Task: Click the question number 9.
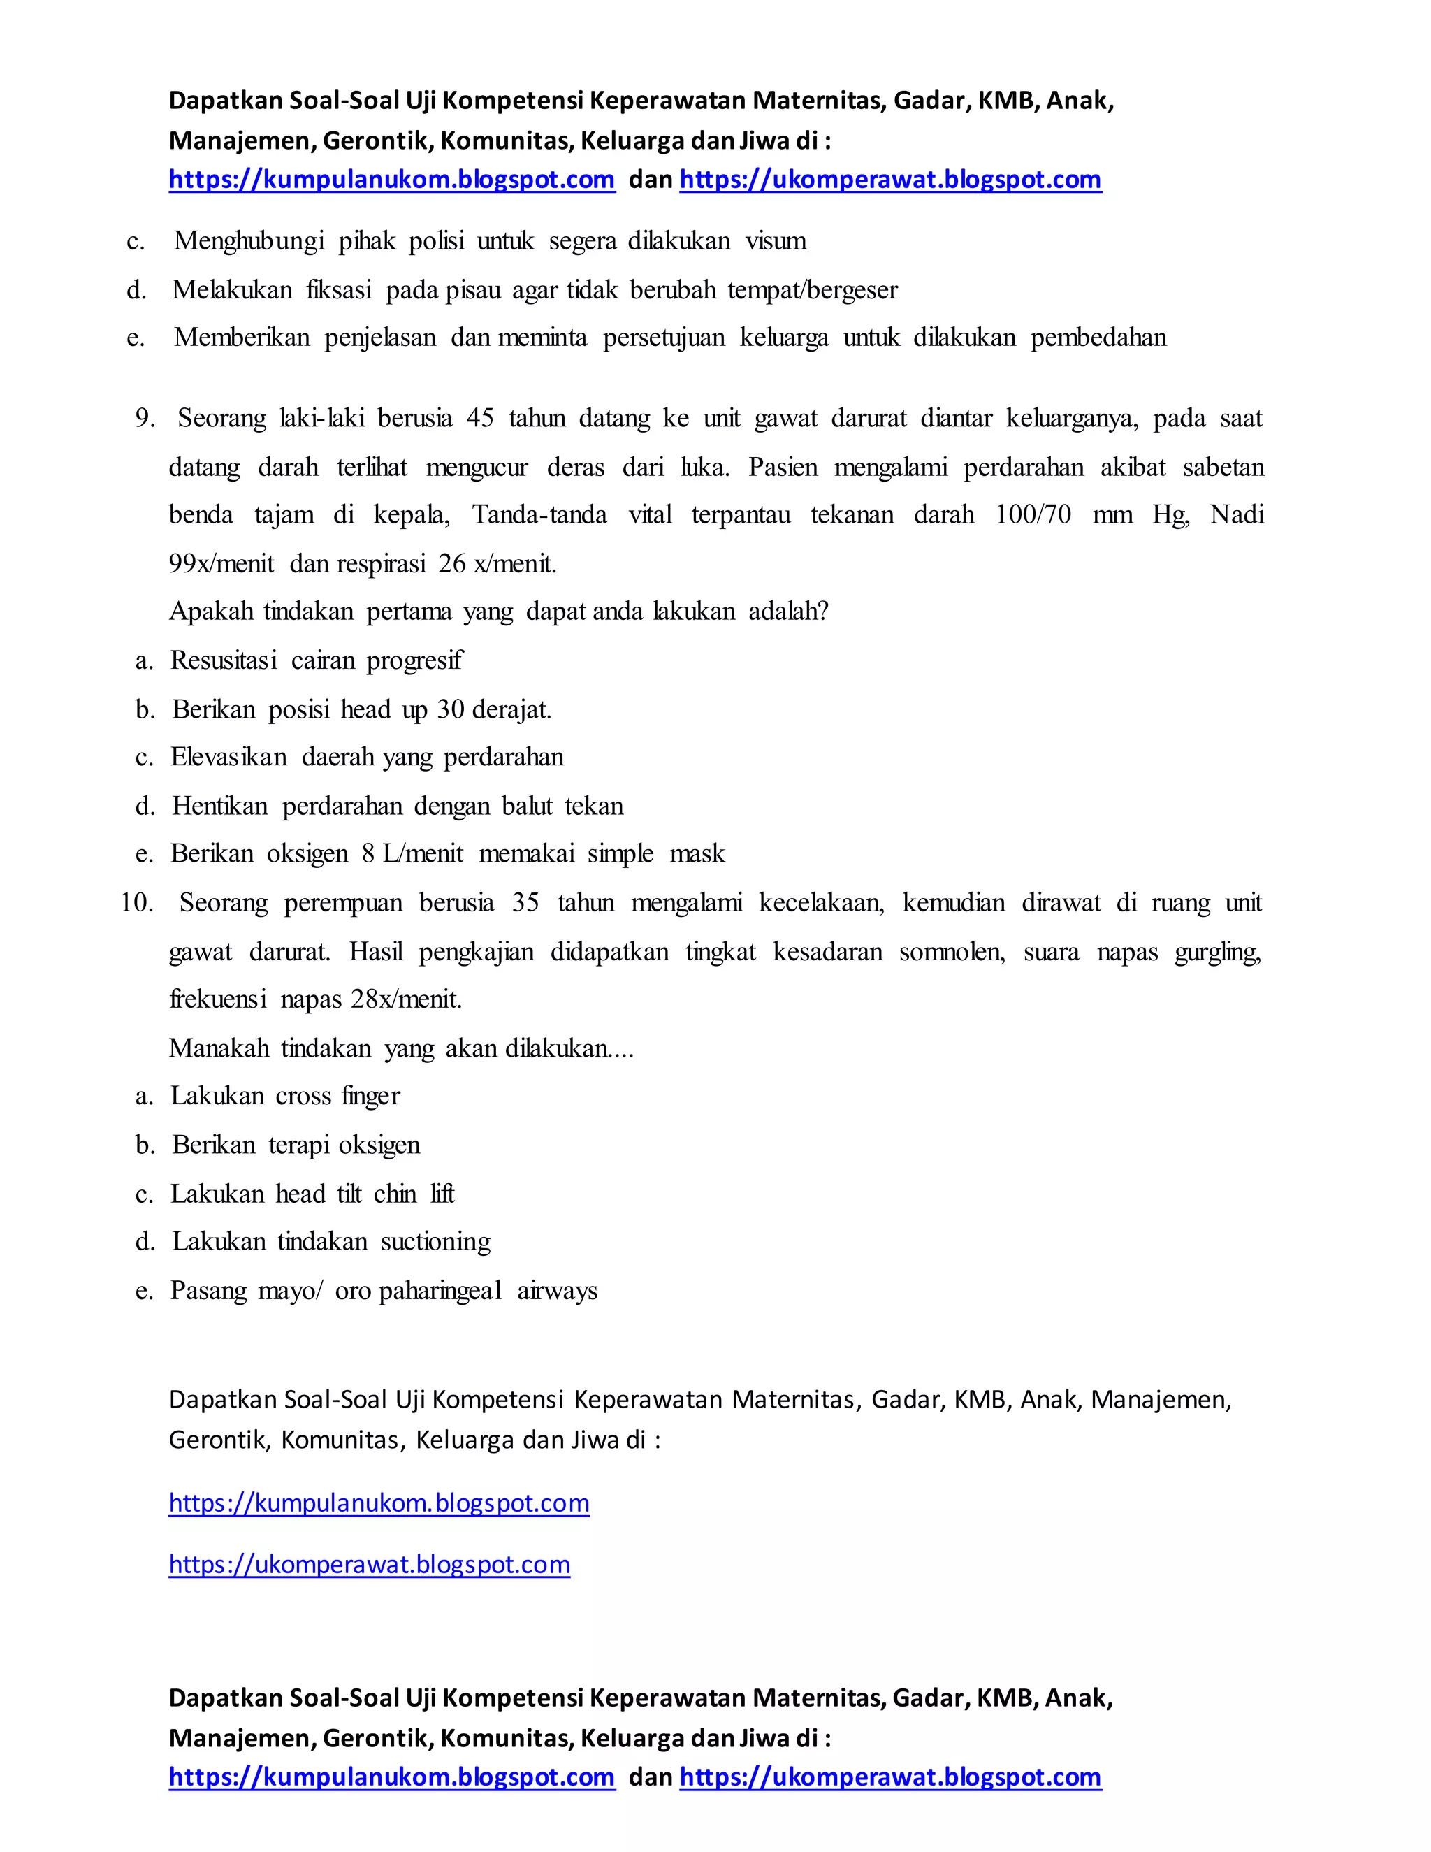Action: [x=145, y=418]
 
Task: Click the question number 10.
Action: [x=136, y=902]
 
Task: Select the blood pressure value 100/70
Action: [x=1033, y=515]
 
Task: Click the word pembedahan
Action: [x=1098, y=338]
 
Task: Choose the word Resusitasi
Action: [x=224, y=660]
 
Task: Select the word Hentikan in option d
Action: [x=220, y=806]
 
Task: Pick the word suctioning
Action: [x=436, y=1241]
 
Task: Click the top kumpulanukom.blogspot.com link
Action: [x=392, y=180]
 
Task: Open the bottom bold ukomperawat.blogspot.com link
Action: [x=890, y=1776]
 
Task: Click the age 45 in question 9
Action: [x=480, y=418]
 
